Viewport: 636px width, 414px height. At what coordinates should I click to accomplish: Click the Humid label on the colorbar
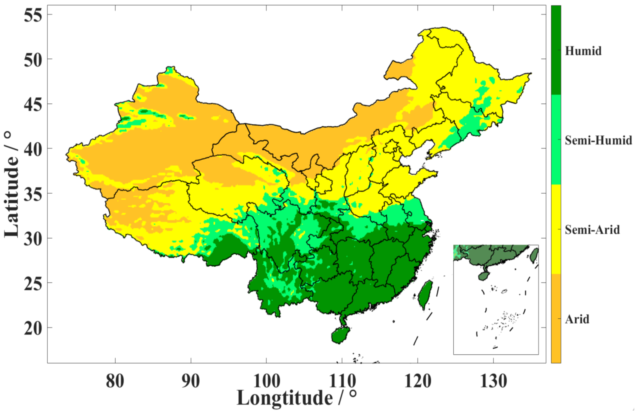tap(583, 51)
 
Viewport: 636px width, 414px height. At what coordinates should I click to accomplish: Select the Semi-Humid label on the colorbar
tap(598, 140)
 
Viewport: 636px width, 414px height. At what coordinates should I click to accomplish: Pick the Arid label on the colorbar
tap(577, 319)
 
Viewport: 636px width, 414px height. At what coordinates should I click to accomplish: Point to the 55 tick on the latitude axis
tap(33, 15)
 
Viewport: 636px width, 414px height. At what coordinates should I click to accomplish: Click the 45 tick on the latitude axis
tap(33, 104)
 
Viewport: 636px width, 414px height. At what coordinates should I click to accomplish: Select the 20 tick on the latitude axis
tap(33, 328)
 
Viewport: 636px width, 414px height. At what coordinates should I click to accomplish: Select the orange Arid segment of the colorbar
tap(556, 318)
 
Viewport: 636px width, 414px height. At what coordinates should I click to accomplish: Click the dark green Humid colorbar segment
tap(556, 50)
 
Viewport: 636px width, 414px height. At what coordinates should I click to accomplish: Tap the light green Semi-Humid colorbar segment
tap(556, 140)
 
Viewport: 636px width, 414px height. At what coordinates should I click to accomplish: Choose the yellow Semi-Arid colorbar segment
tap(556, 229)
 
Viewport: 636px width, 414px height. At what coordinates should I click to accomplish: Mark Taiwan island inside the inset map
tap(534, 255)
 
